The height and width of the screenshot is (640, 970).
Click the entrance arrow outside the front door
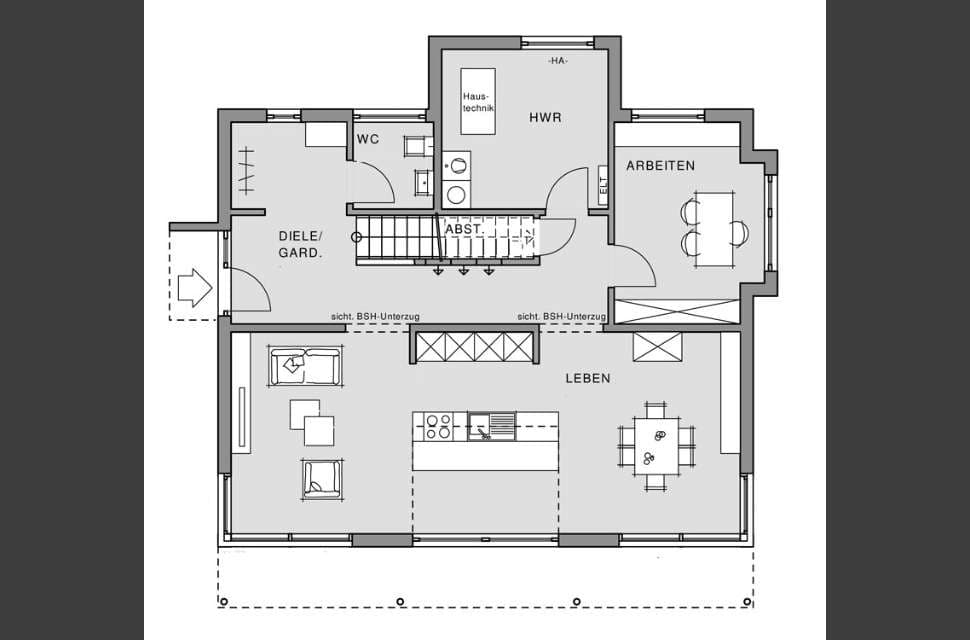195,288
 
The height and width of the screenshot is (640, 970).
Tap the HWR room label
545,117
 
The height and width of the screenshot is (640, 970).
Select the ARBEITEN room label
660,166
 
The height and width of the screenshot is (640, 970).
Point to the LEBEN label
588,378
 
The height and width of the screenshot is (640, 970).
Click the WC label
367,139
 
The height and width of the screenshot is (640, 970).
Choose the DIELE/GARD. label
301,244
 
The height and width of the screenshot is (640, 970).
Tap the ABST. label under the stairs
464,229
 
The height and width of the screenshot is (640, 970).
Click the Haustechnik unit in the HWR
478,101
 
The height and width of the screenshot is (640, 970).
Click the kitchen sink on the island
492,426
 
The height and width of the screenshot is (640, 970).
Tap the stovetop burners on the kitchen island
438,427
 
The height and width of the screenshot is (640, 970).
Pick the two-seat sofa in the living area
304,365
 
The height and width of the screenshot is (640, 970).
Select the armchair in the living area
322,479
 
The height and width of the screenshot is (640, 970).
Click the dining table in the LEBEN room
656,446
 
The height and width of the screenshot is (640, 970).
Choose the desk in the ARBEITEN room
715,229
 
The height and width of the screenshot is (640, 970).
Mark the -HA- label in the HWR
558,61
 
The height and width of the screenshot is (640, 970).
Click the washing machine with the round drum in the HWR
457,195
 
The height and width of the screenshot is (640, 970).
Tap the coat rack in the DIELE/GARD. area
247,171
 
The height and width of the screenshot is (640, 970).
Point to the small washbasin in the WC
424,182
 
